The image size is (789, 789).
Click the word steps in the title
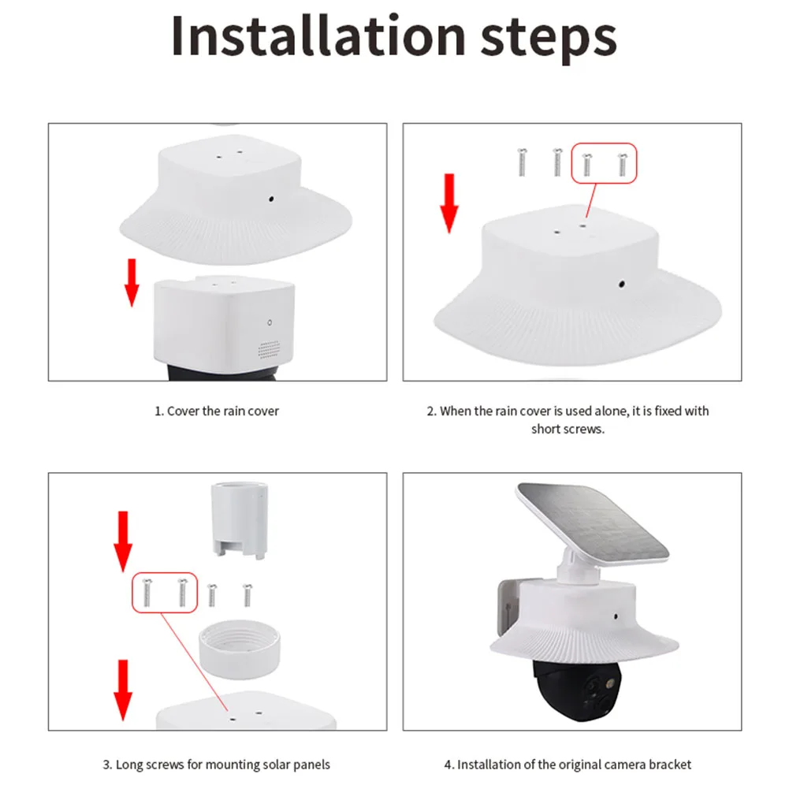tap(547, 38)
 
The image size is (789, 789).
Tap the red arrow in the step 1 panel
tap(132, 282)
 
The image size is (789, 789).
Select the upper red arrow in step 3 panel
tap(122, 541)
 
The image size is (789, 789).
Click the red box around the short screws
tap(603, 163)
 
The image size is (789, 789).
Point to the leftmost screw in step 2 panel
tap(521, 162)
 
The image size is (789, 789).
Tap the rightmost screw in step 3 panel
tap(247, 594)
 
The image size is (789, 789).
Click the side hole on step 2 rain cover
tap(622, 284)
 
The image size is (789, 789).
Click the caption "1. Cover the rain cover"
tap(217, 411)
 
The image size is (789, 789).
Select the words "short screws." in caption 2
tap(568, 430)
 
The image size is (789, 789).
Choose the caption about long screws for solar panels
tap(217, 765)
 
